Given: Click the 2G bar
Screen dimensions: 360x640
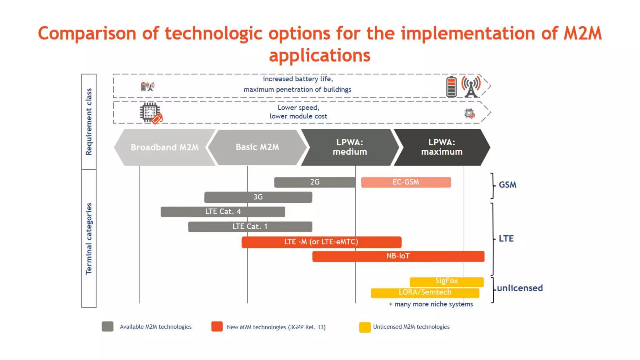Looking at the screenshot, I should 314,182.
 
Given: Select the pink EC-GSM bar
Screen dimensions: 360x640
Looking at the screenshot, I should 406,182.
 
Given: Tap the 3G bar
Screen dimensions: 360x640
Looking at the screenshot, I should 258,197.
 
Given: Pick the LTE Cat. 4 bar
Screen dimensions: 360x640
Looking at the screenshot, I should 222,212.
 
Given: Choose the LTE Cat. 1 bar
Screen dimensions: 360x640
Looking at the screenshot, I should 250,227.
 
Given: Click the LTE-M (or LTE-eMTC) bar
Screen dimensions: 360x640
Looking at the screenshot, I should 321,242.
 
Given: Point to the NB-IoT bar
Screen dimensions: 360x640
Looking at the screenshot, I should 398,256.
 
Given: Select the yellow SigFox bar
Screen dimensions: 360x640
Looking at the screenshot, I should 446,281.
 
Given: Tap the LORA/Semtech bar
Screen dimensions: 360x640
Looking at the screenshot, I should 425,292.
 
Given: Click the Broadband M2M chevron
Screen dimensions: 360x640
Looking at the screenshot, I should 164,147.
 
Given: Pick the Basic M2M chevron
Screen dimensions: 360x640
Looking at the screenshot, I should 257,147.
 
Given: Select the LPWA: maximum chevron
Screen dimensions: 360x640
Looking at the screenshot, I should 441,147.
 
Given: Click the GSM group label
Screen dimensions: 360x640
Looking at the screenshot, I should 507,185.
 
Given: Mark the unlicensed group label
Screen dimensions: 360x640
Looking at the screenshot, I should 520,288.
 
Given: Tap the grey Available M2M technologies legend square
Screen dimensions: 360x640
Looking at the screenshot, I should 107,327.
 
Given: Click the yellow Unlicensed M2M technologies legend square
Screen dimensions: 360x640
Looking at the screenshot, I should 365,327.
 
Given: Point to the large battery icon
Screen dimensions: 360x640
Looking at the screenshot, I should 451,87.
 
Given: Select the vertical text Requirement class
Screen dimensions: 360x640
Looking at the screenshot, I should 89,122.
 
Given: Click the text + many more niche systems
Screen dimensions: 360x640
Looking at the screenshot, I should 431,304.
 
